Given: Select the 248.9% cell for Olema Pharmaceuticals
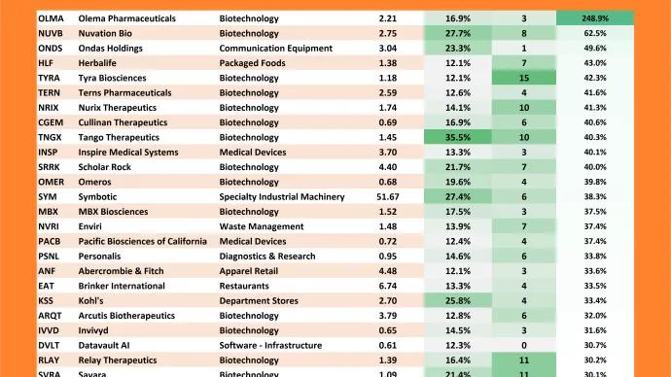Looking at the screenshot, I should coord(595,18).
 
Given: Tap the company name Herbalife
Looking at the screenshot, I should coord(99,62).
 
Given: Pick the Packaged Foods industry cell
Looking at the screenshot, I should coord(252,62).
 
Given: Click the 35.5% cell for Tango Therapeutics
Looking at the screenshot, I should coord(458,137).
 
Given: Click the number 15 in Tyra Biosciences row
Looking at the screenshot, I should coord(524,77).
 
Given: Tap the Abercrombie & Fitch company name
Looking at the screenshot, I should coord(123,271).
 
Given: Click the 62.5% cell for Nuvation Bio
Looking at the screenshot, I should coord(595,33).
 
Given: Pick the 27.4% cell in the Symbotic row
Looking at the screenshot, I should coord(458,196).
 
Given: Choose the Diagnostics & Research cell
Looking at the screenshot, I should coord(267,257).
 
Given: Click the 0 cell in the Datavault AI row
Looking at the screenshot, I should coord(524,346).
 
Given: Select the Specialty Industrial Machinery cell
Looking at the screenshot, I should coord(282,196).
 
